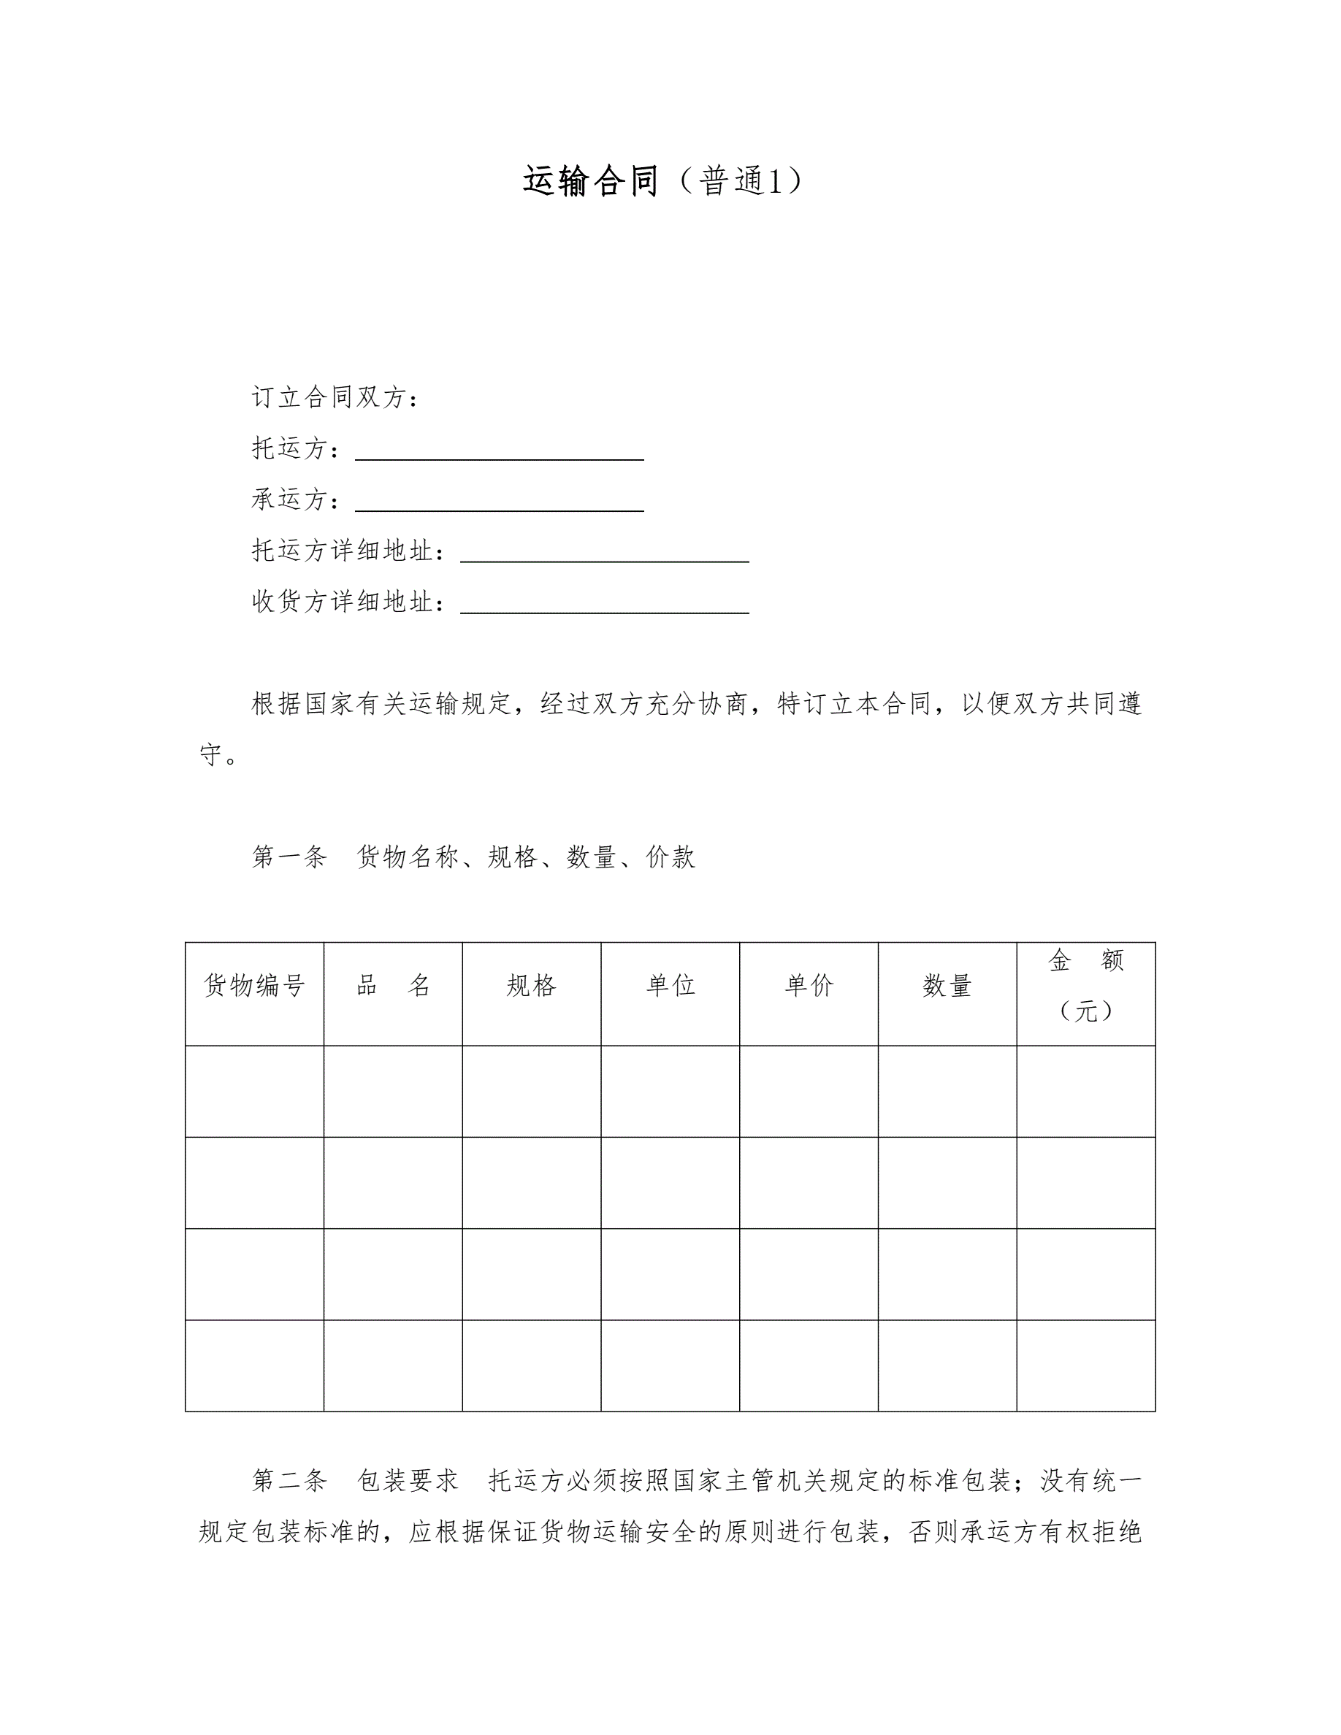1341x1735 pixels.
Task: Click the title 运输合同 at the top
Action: tap(590, 181)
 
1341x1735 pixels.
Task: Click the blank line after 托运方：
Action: tap(499, 451)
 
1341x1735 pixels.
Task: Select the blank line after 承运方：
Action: tap(499, 502)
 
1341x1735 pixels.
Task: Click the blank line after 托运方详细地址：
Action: tap(605, 553)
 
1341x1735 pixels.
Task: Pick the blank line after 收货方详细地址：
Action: tap(605, 604)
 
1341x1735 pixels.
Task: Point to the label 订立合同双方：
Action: tap(335, 397)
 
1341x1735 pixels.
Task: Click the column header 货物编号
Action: tap(254, 986)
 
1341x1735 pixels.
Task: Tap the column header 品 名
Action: tap(393, 986)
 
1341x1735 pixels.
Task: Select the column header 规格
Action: tap(532, 986)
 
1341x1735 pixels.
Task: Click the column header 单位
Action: tap(670, 986)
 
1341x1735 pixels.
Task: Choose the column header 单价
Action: tap(809, 986)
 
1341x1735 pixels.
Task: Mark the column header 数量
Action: tap(947, 986)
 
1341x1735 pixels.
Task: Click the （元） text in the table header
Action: tap(1086, 1011)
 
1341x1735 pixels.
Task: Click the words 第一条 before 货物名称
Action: tap(289, 857)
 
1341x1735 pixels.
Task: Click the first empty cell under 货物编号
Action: tap(254, 1091)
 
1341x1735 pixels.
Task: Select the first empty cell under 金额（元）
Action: tap(1086, 1091)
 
